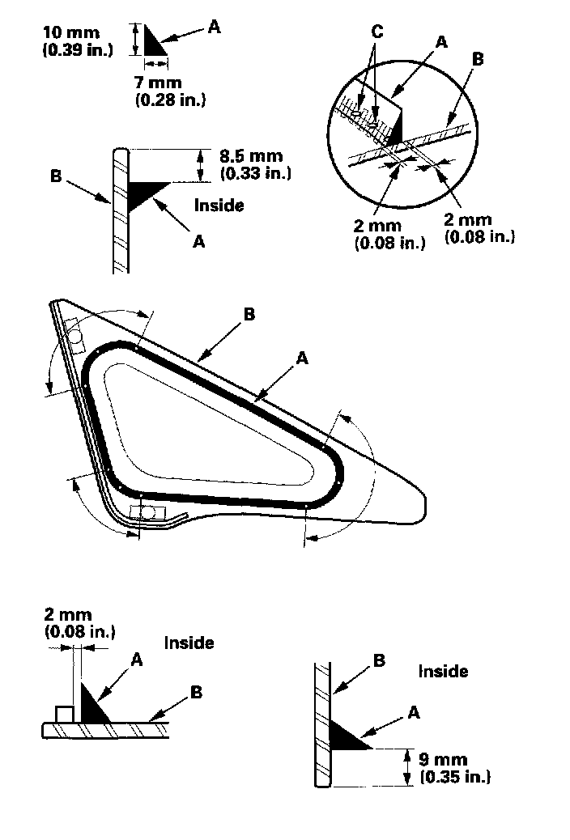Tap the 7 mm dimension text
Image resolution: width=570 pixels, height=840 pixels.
(160, 83)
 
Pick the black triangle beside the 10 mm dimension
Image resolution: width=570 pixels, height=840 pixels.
(152, 41)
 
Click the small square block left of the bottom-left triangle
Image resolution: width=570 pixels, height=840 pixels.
(64, 714)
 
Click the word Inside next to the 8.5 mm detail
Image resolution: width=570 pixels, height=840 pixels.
(219, 206)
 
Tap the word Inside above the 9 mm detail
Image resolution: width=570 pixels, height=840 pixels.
(443, 671)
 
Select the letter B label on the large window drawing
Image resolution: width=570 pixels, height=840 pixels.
(249, 314)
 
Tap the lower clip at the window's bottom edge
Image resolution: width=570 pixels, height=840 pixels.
(147, 512)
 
